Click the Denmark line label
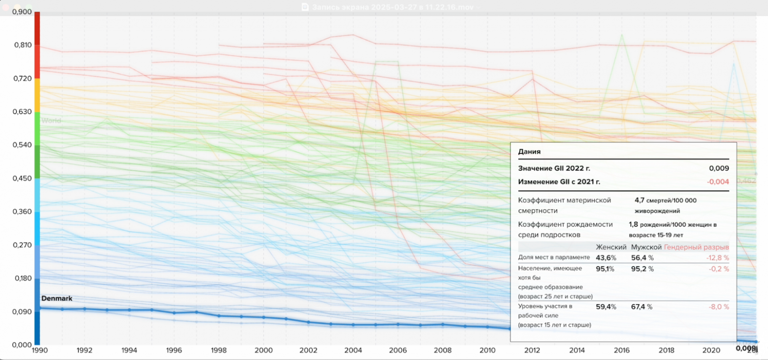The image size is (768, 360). click(57, 298)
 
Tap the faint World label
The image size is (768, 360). click(51, 121)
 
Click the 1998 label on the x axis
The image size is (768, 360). click(219, 351)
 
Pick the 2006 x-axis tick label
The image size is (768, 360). click(397, 351)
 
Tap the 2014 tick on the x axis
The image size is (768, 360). click(577, 351)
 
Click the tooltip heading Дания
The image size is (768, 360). click(529, 152)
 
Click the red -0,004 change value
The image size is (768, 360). click(718, 182)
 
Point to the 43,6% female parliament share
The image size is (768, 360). click(606, 258)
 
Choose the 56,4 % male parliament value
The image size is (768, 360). click(642, 258)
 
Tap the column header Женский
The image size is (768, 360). click(611, 247)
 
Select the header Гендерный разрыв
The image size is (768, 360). click(697, 247)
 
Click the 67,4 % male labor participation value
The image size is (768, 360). click(642, 307)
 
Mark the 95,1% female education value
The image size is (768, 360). click(606, 269)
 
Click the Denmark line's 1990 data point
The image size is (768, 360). click(40, 308)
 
